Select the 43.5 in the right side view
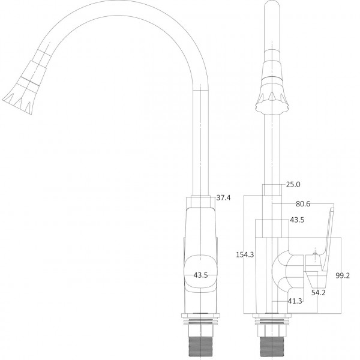click(x=297, y=220)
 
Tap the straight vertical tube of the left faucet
click(x=200, y=144)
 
